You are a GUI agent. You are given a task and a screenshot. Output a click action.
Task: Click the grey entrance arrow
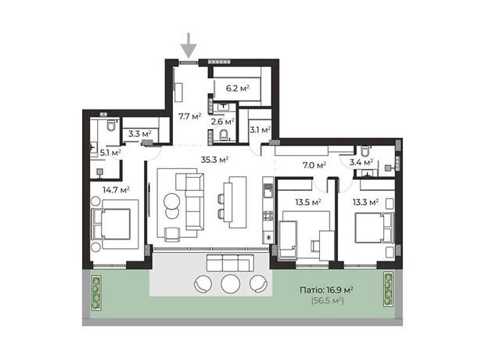tap(189, 45)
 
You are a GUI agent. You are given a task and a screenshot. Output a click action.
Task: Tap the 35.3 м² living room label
tap(214, 160)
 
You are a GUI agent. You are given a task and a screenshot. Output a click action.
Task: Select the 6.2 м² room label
tap(238, 88)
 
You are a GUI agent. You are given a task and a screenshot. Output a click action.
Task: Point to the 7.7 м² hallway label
tap(189, 117)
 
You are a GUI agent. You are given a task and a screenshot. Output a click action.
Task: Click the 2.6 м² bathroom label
tap(222, 121)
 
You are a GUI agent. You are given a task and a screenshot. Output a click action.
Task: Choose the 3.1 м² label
tap(260, 130)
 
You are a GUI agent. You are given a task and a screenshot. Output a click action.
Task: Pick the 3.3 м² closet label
tap(140, 134)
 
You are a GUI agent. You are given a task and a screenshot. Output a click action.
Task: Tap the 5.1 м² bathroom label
tap(110, 153)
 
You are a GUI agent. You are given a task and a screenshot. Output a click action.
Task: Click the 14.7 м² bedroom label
tap(116, 189)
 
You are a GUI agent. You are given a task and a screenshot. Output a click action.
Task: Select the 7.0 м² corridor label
tap(314, 165)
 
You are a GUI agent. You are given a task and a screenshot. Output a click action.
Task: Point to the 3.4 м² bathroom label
tap(361, 162)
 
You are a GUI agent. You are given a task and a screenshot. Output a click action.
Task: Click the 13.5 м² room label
tap(308, 203)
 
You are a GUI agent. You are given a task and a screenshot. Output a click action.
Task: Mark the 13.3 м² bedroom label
tap(366, 203)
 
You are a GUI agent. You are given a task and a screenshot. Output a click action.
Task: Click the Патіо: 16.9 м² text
tap(327, 290)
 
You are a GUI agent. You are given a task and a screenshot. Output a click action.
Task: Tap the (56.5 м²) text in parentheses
tap(328, 301)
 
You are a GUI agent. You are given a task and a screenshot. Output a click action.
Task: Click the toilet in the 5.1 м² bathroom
tap(111, 125)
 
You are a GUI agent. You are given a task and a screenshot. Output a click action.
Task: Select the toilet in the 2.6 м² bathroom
tap(223, 135)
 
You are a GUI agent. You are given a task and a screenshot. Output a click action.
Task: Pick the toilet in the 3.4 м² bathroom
tap(365, 151)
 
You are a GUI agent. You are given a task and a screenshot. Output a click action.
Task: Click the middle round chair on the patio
tap(231, 283)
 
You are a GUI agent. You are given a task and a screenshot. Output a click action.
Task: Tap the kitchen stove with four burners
tap(268, 215)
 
